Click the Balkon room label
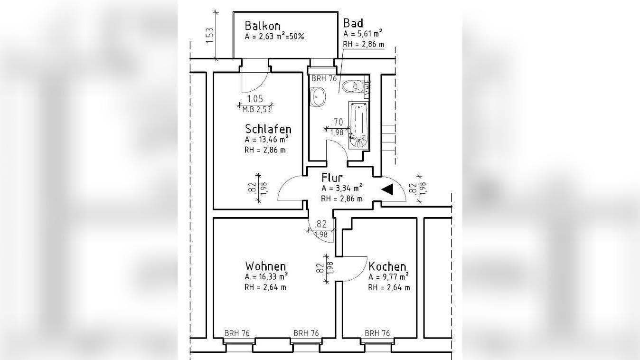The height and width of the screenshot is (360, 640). click(263, 26)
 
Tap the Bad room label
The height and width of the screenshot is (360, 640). click(353, 23)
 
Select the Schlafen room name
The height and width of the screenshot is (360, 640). click(268, 129)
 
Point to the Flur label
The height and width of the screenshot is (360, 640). click(332, 178)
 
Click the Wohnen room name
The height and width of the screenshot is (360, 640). click(265, 266)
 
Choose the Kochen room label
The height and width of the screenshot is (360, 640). click(387, 266)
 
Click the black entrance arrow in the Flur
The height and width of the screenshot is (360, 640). click(388, 189)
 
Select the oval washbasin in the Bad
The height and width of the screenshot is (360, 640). click(318, 97)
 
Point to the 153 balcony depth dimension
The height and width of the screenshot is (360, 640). click(210, 36)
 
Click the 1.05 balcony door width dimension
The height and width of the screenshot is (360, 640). click(255, 99)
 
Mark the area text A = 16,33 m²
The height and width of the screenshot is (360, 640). click(266, 277)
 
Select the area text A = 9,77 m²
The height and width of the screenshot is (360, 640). click(389, 277)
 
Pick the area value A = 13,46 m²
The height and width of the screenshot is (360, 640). click(266, 140)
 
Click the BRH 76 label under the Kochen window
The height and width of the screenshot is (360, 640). click(377, 333)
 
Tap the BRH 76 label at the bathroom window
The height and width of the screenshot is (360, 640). click(324, 79)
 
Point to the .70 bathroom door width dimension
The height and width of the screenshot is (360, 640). click(338, 122)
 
